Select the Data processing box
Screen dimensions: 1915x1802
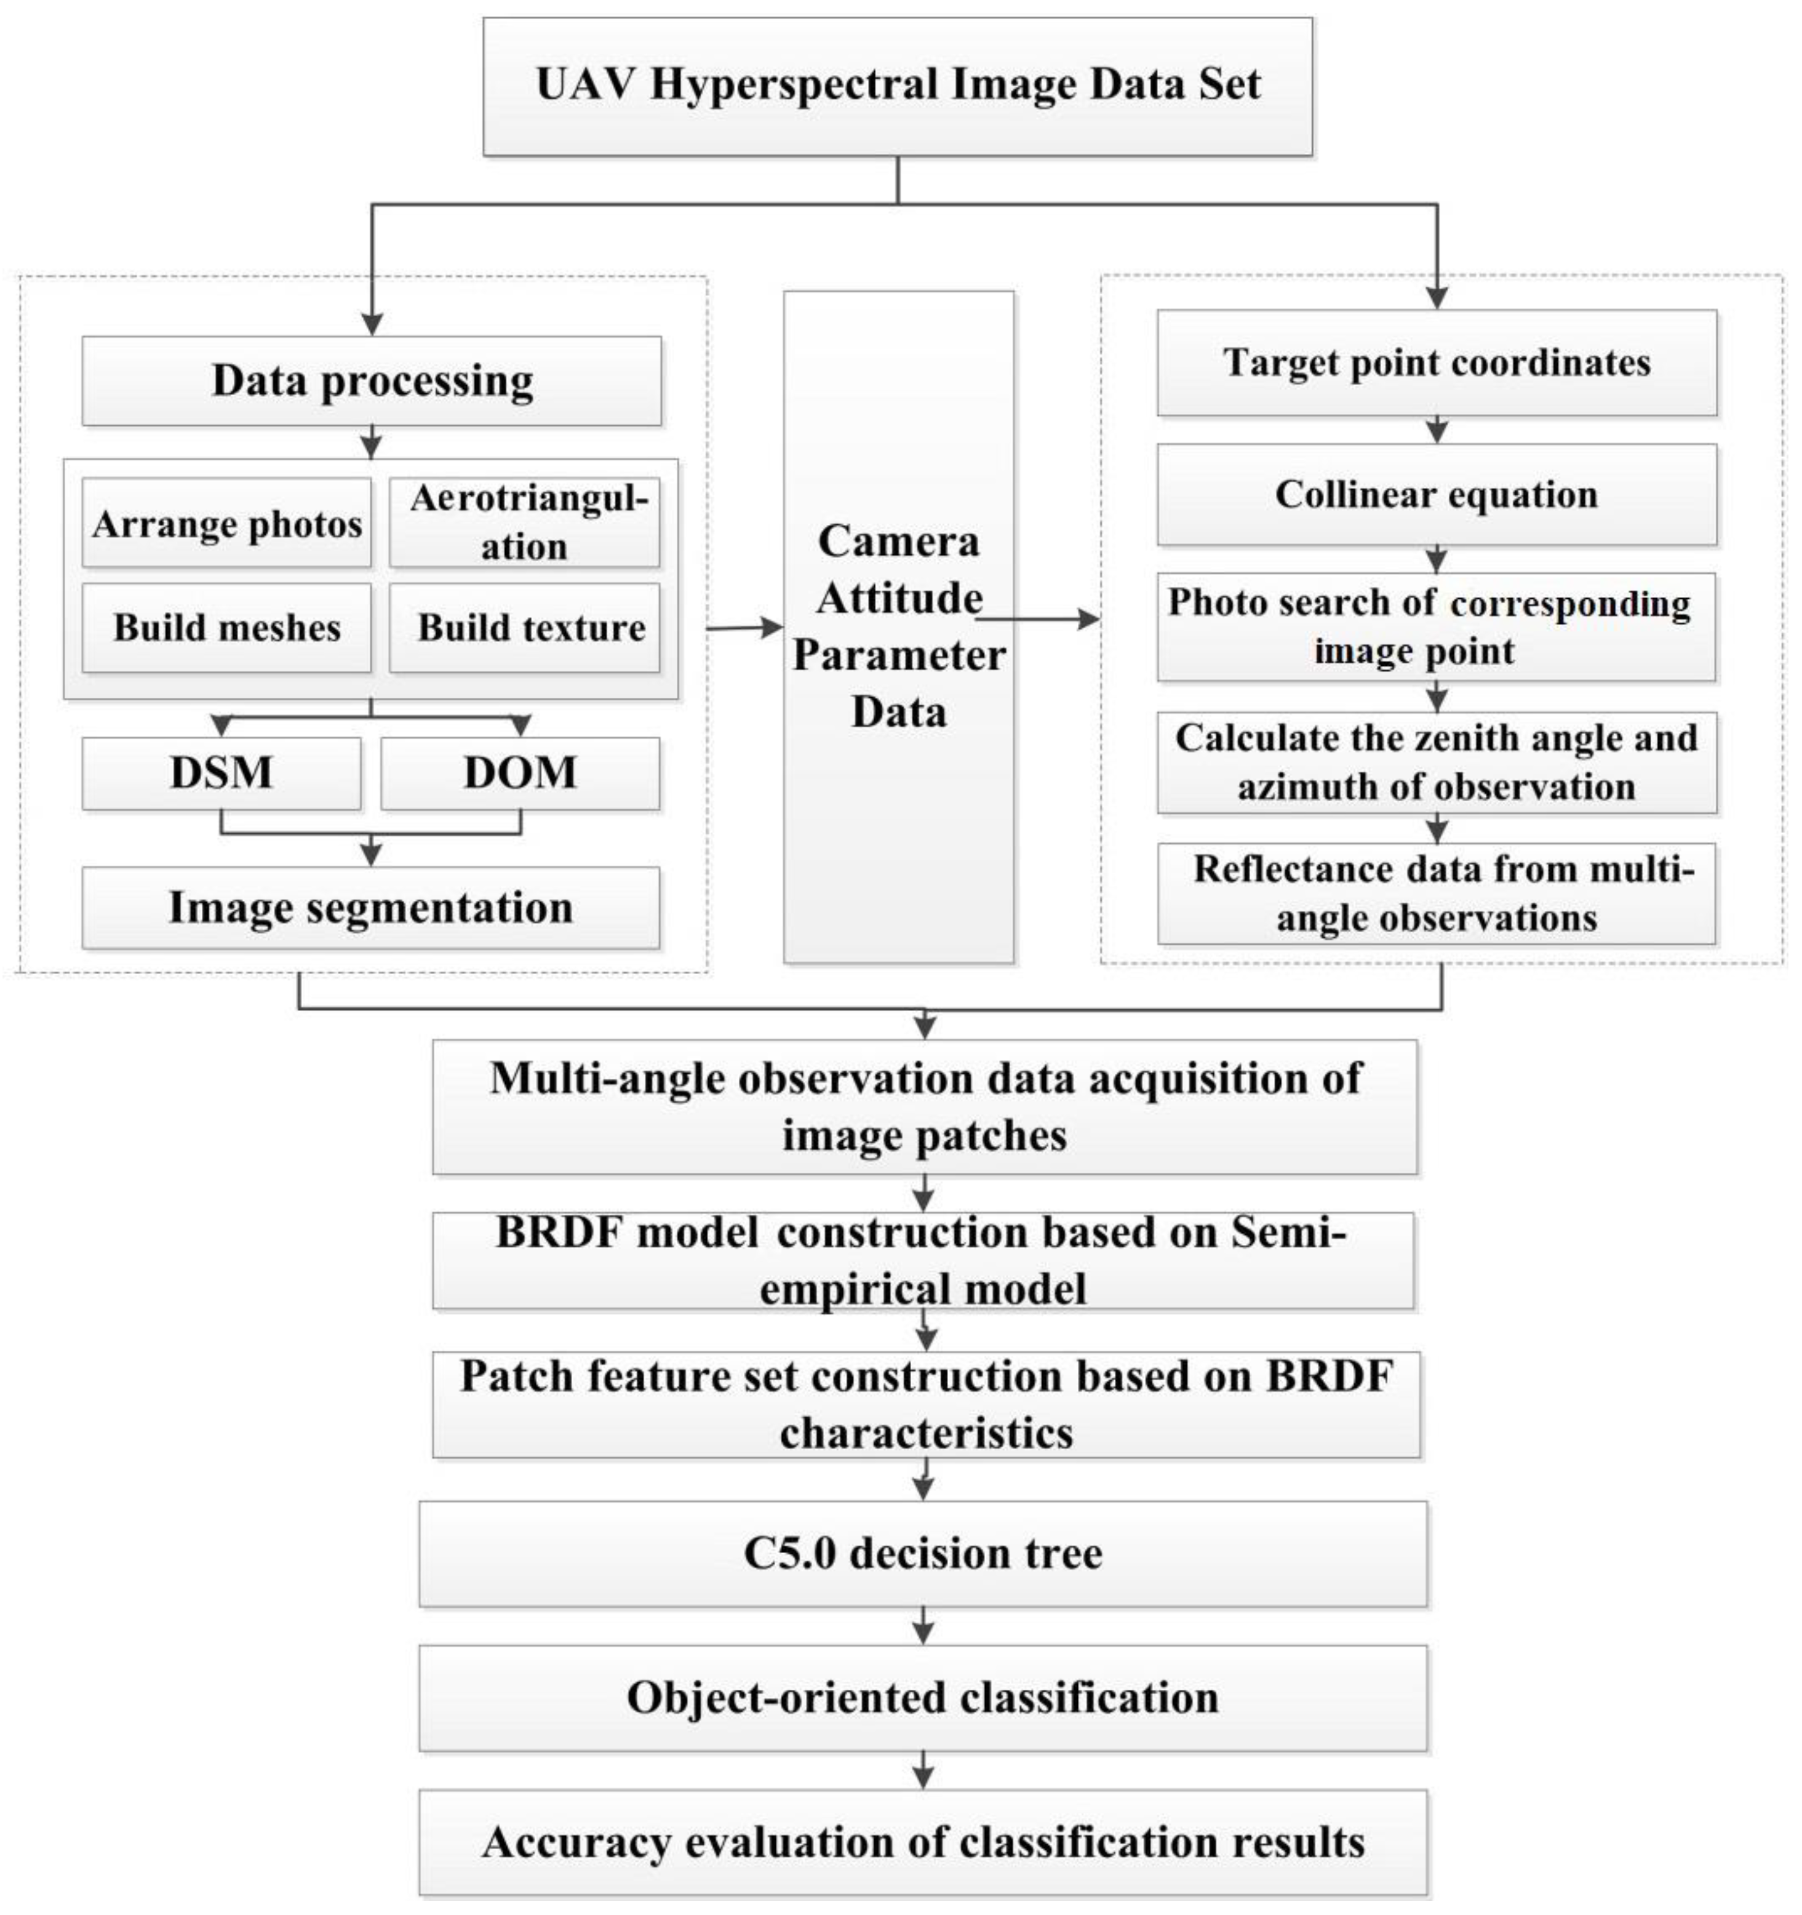coord(372,380)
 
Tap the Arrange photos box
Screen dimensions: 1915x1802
coord(226,523)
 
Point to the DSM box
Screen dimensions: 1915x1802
coord(221,772)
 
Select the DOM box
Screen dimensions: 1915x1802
coord(520,772)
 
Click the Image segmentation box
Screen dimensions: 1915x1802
coord(371,908)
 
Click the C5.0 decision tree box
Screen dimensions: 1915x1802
coord(923,1553)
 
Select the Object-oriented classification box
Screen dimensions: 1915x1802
coord(923,1697)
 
